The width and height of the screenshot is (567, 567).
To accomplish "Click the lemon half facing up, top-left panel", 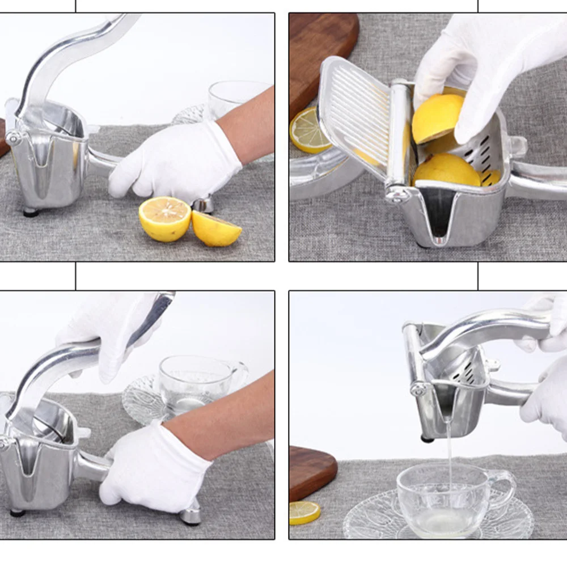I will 164,218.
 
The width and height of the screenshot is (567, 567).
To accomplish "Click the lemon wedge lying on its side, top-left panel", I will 215,229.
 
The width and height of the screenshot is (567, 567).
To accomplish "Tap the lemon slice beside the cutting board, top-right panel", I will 309,131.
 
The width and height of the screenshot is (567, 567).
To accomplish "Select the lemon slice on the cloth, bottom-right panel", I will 304,513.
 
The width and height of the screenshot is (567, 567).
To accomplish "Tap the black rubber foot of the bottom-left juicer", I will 18,513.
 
